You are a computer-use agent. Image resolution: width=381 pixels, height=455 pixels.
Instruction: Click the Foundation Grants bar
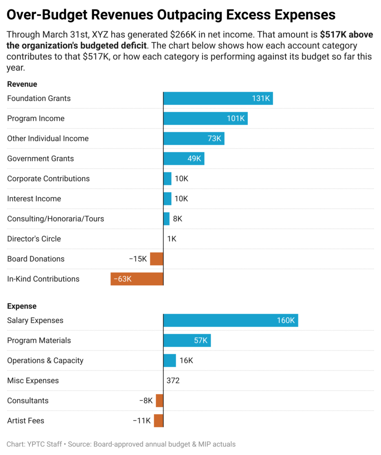218,99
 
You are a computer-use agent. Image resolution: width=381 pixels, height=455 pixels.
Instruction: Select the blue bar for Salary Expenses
230,320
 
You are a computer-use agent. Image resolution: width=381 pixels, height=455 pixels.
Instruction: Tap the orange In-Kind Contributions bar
137,279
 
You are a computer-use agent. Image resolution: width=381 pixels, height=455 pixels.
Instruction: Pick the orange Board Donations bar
157,259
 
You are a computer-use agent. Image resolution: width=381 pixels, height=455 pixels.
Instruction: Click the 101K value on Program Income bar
235,119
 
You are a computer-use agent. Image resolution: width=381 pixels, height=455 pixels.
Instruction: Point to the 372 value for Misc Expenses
173,381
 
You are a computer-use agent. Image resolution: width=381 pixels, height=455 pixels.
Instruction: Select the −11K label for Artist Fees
142,421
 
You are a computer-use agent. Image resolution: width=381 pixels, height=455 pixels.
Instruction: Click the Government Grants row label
40,159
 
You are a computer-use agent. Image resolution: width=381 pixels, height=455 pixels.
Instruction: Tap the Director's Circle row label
34,239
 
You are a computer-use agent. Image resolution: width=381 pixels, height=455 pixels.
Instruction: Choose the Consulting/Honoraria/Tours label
56,219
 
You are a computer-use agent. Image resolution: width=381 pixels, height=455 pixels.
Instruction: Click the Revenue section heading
22,84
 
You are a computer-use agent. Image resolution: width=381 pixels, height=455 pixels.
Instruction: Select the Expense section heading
22,306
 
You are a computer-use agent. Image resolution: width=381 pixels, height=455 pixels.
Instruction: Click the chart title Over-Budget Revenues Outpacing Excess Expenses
171,15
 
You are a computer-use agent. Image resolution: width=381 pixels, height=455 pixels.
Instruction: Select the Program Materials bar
187,341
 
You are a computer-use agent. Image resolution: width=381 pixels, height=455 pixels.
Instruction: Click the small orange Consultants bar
159,401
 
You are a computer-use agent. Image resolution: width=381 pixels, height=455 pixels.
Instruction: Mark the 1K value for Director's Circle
172,239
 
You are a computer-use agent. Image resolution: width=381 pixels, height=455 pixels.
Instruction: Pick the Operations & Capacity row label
45,360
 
